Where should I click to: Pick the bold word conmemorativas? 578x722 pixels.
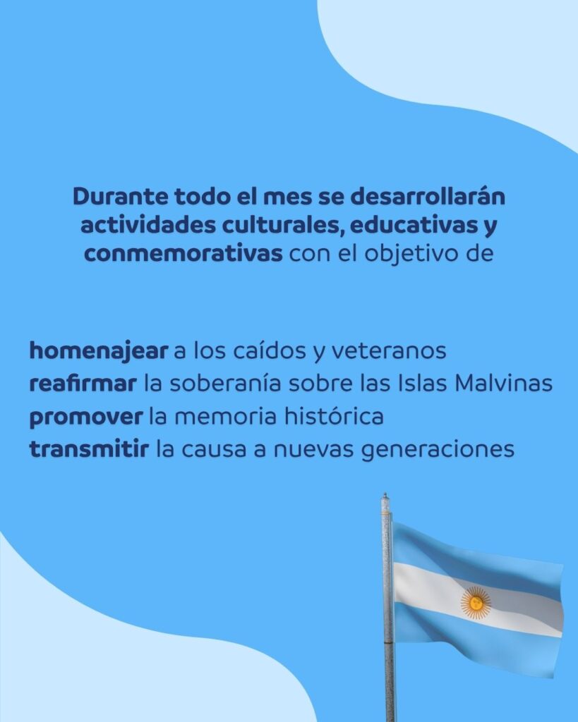click(x=183, y=254)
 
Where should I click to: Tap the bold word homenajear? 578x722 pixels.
click(x=99, y=351)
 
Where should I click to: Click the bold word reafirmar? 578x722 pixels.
click(x=83, y=384)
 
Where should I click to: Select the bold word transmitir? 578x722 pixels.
click(x=90, y=449)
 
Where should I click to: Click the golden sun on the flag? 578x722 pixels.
click(x=476, y=603)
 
